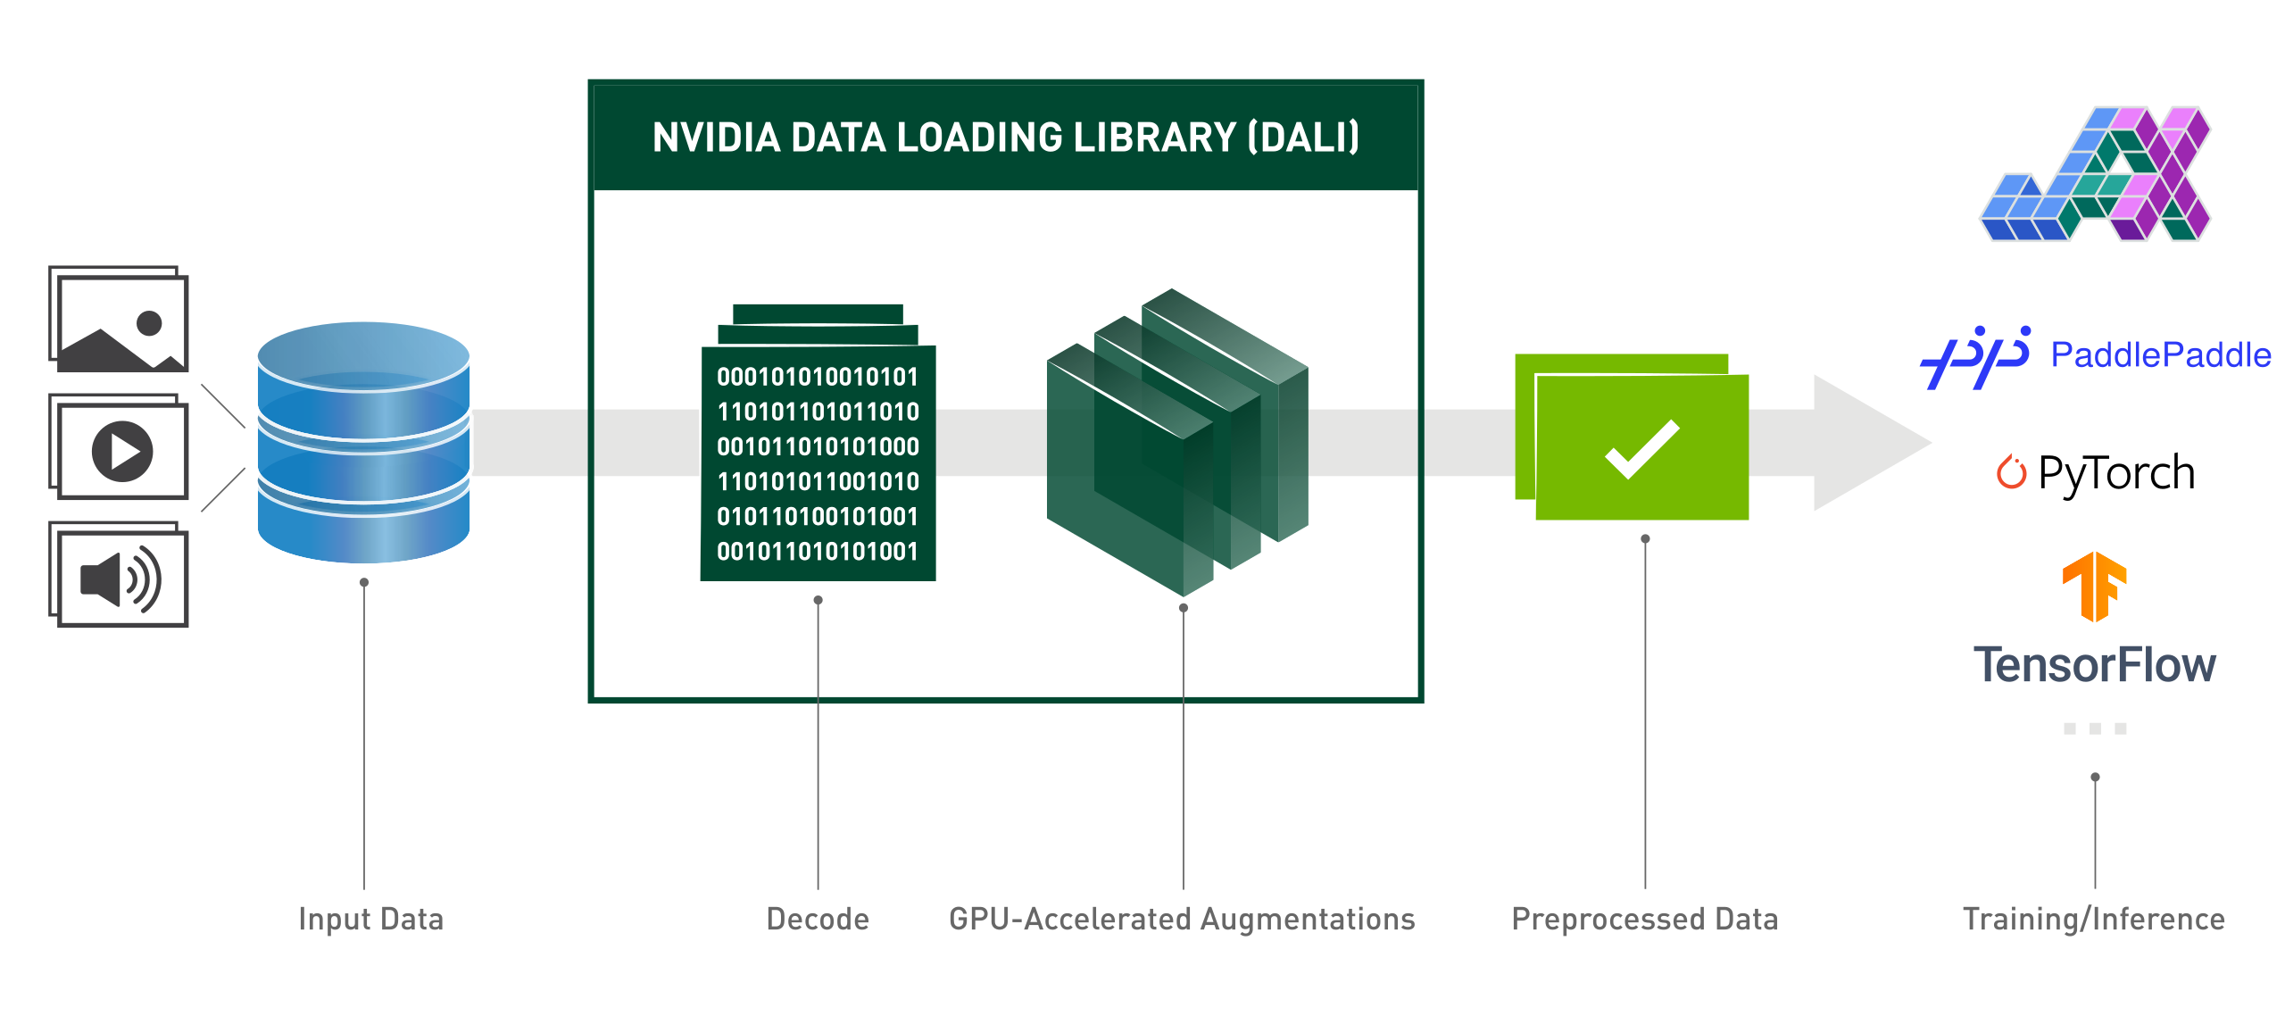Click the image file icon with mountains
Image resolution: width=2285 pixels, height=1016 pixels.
[x=120, y=320]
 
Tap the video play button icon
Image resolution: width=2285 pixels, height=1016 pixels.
[x=122, y=451]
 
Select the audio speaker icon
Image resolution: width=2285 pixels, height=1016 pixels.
[x=120, y=578]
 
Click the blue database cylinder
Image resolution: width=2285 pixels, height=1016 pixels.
[x=363, y=442]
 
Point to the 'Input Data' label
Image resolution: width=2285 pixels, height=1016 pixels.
[x=370, y=919]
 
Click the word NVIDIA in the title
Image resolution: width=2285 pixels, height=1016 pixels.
[x=716, y=137]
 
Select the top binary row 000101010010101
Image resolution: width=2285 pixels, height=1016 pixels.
[x=818, y=377]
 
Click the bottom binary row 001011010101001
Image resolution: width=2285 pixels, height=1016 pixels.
[x=818, y=551]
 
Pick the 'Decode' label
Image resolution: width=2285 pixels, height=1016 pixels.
[x=818, y=919]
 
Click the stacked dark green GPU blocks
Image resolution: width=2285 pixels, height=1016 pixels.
[x=1176, y=442]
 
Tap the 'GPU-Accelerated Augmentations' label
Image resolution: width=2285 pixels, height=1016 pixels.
[x=1182, y=919]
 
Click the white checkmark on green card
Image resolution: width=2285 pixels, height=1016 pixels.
[x=1641, y=449]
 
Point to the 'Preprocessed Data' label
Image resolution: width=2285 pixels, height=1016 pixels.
[x=1644, y=919]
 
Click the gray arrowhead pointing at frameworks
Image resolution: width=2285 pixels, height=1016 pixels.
[x=1865, y=443]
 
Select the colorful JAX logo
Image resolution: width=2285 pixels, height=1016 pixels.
[x=2095, y=175]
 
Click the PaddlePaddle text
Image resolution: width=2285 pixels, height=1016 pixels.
[x=2160, y=355]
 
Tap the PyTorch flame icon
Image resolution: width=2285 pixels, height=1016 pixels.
[x=2011, y=472]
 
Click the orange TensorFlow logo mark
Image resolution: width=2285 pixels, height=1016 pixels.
[x=2094, y=586]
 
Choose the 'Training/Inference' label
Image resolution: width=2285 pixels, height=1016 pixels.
[x=2094, y=919]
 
